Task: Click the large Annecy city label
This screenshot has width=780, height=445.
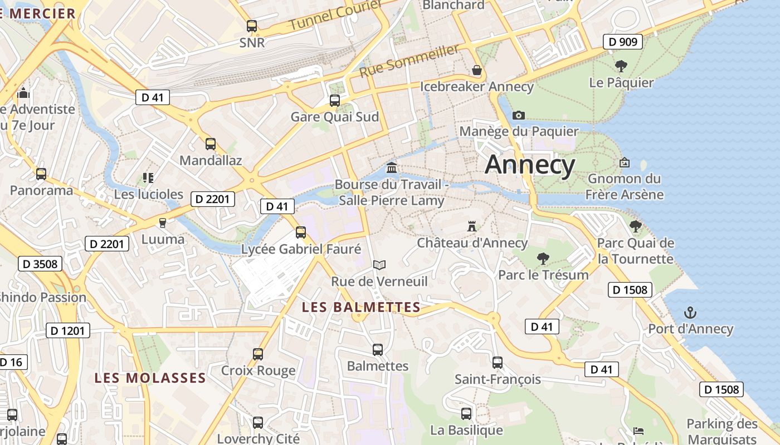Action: (x=530, y=165)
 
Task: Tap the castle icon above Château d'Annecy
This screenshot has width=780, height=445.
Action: (x=472, y=226)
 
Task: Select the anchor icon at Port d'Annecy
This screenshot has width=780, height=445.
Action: (x=690, y=312)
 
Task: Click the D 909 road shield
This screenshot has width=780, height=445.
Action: (x=623, y=41)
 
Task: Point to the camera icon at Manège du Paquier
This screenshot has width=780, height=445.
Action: (x=519, y=115)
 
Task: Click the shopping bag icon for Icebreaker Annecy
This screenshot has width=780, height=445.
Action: (x=477, y=70)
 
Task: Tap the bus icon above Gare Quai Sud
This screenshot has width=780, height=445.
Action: (x=335, y=100)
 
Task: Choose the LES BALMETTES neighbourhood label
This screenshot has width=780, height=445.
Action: (x=361, y=307)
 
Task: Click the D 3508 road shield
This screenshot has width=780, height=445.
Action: (x=40, y=264)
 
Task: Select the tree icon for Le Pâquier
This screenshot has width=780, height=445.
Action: (x=621, y=66)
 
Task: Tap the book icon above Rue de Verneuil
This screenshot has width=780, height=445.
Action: (x=379, y=265)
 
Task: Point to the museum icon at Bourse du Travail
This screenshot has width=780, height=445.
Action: (x=392, y=167)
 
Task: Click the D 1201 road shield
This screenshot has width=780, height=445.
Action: (x=67, y=330)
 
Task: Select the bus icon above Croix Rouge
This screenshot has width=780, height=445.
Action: (x=258, y=354)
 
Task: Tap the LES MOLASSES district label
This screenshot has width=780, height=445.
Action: (x=150, y=378)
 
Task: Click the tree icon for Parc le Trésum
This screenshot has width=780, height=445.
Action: (x=543, y=258)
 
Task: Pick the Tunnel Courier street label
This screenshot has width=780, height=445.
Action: (x=336, y=16)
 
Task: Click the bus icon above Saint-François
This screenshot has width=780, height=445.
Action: (x=498, y=363)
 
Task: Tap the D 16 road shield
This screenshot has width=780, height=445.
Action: (x=11, y=362)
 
